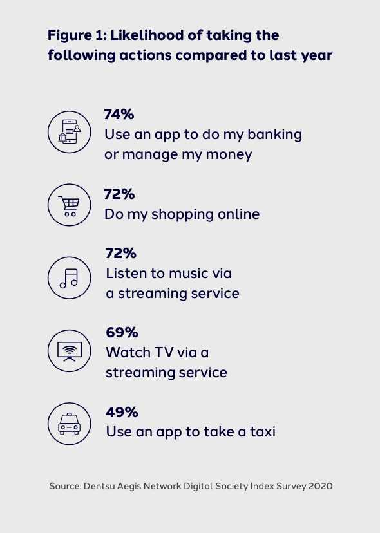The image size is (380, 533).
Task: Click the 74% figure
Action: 119,114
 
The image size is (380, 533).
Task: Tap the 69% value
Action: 122,332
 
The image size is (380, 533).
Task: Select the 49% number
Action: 122,412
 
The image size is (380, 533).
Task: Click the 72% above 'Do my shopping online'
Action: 119,194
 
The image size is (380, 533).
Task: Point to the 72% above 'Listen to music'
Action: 121,253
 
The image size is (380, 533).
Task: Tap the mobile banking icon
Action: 70,132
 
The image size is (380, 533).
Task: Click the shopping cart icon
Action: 70,205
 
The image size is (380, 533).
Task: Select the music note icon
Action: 70,278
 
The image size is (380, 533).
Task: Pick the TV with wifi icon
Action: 70,351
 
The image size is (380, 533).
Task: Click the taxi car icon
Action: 70,424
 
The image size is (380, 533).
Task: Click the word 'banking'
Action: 274,135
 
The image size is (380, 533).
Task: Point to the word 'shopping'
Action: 183,215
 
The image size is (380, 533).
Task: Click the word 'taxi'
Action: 263,432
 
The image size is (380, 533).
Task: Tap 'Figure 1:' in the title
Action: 77,35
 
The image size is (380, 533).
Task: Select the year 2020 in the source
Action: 321,486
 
